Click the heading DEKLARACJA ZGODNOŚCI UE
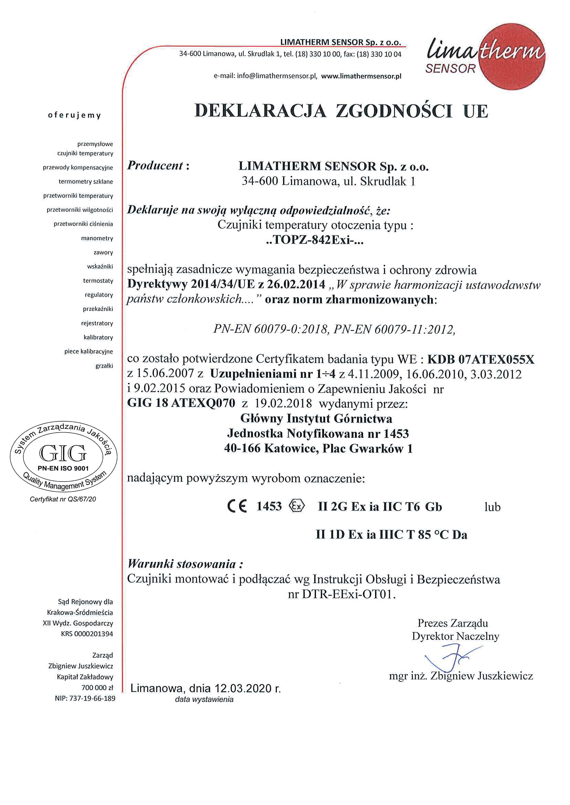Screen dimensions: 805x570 pyautogui.click(x=341, y=111)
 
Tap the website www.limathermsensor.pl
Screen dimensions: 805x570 pyautogui.click(x=361, y=76)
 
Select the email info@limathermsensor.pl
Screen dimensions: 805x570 pyautogui.click(x=277, y=76)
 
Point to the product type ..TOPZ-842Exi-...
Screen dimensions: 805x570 pyautogui.click(x=315, y=240)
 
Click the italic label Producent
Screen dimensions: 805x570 pyautogui.click(x=155, y=165)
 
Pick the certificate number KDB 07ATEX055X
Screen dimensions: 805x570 pyautogui.click(x=481, y=359)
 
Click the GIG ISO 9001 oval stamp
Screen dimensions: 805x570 pyautogui.click(x=63, y=456)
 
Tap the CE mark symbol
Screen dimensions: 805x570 pyautogui.click(x=237, y=506)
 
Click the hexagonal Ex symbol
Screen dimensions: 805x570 pyautogui.click(x=297, y=506)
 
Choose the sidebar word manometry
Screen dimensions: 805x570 pyautogui.click(x=97, y=238)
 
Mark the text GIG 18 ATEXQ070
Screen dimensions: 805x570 pyautogui.click(x=181, y=403)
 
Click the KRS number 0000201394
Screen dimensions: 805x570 pyautogui.click(x=93, y=634)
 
